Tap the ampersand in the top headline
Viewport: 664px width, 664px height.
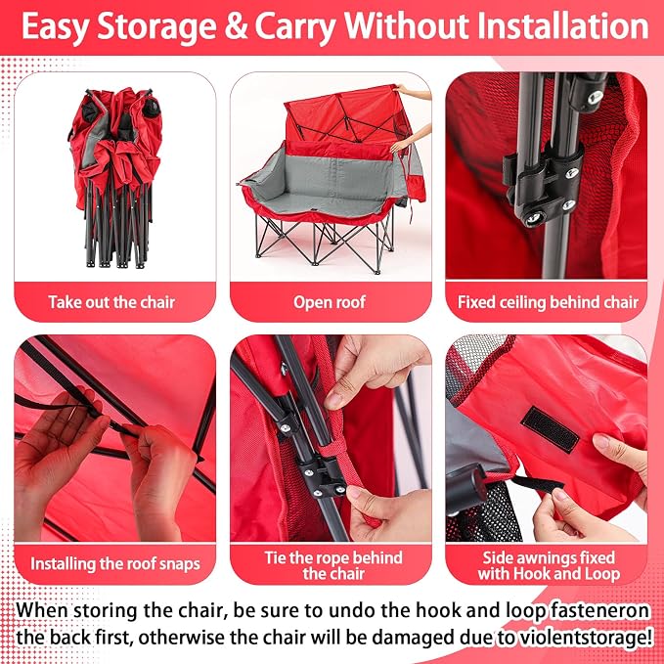(x=236, y=26)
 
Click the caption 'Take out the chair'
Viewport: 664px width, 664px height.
(x=111, y=302)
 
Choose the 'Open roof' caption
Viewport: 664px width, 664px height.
(x=330, y=302)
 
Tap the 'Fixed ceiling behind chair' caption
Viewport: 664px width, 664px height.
(x=548, y=302)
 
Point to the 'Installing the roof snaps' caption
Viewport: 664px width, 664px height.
(x=115, y=563)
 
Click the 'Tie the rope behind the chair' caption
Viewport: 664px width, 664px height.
(x=333, y=565)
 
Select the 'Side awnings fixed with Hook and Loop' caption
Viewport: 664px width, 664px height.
(x=549, y=565)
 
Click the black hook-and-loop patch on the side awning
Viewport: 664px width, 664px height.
(x=550, y=429)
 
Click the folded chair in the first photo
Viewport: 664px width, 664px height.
(x=115, y=177)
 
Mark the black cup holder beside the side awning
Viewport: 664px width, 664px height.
(x=465, y=489)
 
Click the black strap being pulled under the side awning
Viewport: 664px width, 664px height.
(x=537, y=484)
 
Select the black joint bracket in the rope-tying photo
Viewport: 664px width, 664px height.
(x=321, y=476)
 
